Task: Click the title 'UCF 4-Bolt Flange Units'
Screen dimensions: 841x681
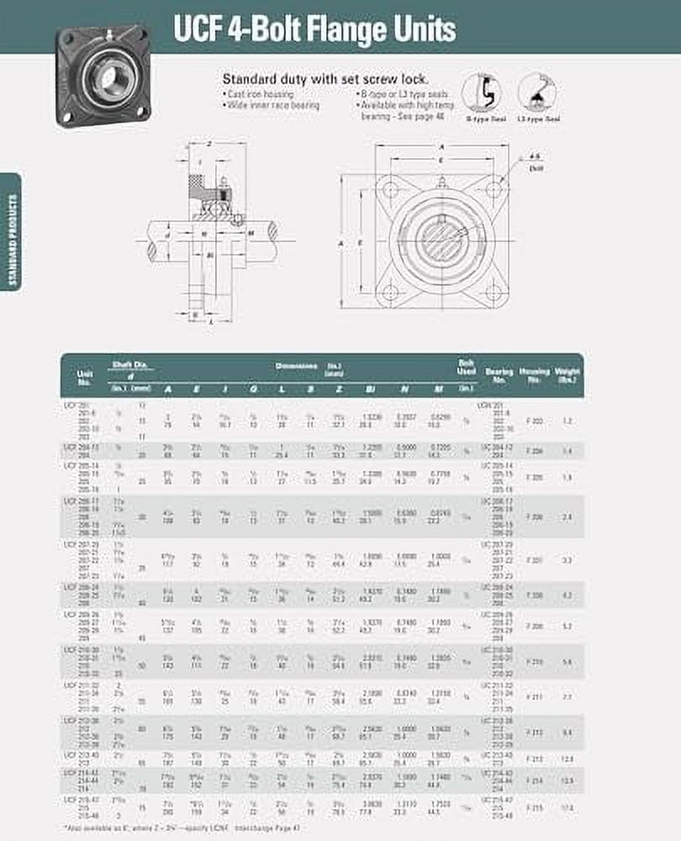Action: pyautogui.click(x=314, y=29)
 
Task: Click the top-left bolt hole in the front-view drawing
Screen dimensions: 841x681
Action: pyautogui.click(x=388, y=189)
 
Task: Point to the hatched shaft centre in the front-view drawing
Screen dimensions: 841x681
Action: pyautogui.click(x=439, y=241)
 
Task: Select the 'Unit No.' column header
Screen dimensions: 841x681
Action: pyautogui.click(x=85, y=376)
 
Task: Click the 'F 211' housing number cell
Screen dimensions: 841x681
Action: pyautogui.click(x=533, y=697)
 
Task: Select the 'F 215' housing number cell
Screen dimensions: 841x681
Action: pyautogui.click(x=533, y=808)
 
